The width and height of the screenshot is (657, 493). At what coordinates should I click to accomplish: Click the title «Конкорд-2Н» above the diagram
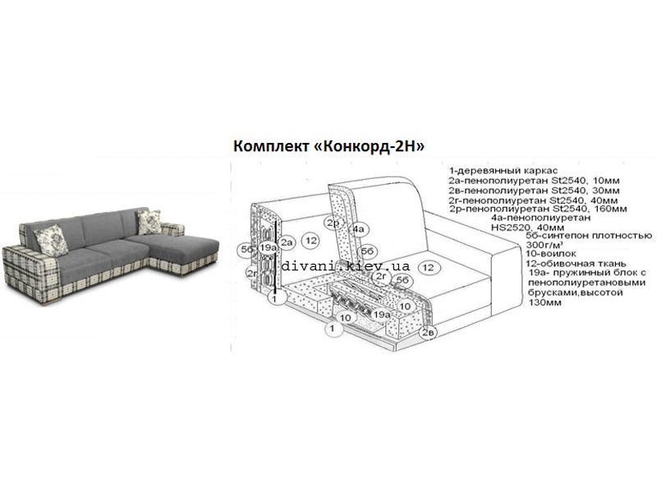tap(369, 146)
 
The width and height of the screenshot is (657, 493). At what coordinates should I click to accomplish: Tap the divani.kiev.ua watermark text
tap(345, 265)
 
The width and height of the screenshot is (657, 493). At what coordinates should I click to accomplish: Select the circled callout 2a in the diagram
tap(287, 242)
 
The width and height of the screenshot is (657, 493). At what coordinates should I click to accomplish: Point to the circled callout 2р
tap(333, 223)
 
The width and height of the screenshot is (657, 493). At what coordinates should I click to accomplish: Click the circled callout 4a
tap(359, 229)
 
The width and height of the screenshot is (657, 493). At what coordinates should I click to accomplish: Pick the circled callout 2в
tap(428, 333)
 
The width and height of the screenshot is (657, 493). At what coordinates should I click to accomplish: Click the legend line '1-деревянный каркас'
tap(503, 171)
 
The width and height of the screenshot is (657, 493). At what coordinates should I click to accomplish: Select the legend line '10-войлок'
tap(550, 254)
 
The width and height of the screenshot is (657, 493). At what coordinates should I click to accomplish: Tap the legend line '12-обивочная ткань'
tap(576, 264)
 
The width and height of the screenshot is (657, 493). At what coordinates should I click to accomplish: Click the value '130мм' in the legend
tap(544, 302)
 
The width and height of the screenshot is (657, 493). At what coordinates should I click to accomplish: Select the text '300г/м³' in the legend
tap(544, 244)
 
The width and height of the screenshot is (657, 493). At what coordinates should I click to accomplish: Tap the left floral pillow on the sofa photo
tap(51, 240)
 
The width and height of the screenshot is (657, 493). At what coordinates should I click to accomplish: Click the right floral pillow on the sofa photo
tap(149, 222)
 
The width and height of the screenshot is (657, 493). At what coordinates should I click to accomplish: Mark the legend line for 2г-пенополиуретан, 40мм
tap(532, 200)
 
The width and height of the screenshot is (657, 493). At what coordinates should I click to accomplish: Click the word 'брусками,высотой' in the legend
tap(576, 293)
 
